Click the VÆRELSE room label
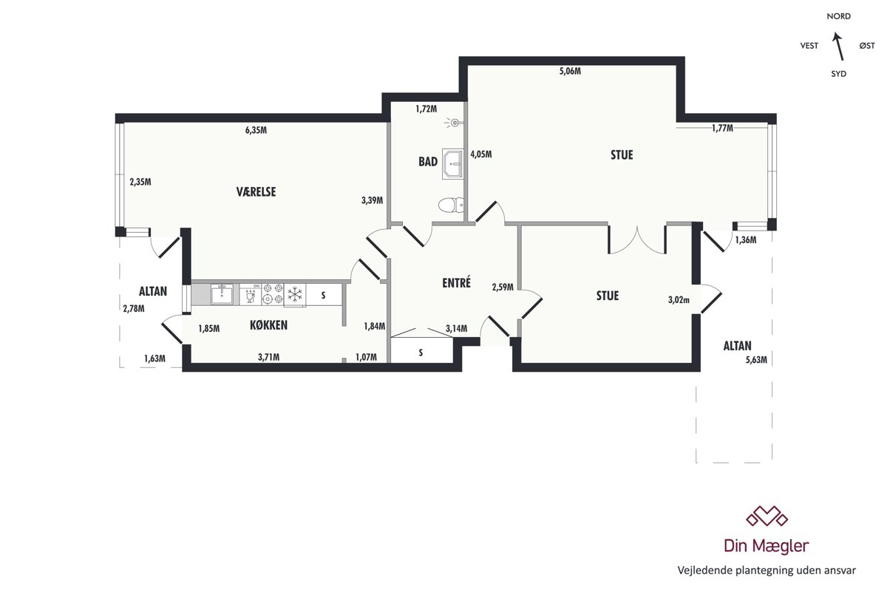tap(256, 192)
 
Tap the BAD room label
tap(428, 162)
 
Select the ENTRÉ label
tap(457, 282)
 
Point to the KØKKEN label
tap(268, 325)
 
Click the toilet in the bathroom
tap(451, 205)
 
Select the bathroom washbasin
tap(452, 164)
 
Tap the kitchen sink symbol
tap(222, 294)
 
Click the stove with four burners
tap(273, 294)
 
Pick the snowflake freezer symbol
tap(295, 295)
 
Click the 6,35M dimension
tap(256, 130)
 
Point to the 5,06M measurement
tap(570, 71)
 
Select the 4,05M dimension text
tap(481, 154)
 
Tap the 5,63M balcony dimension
tap(756, 360)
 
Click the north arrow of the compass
tap(838, 46)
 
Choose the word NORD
tap(839, 16)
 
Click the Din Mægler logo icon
tap(767, 516)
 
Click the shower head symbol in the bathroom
tap(453, 123)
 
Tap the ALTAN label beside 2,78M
tap(153, 291)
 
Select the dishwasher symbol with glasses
tap(251, 294)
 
